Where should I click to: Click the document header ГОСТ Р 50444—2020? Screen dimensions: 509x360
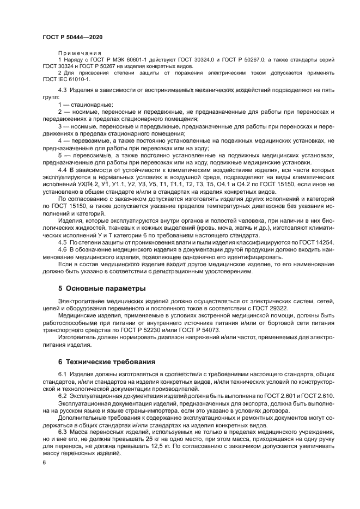72,36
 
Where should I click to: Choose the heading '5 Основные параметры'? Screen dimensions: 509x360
102,287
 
